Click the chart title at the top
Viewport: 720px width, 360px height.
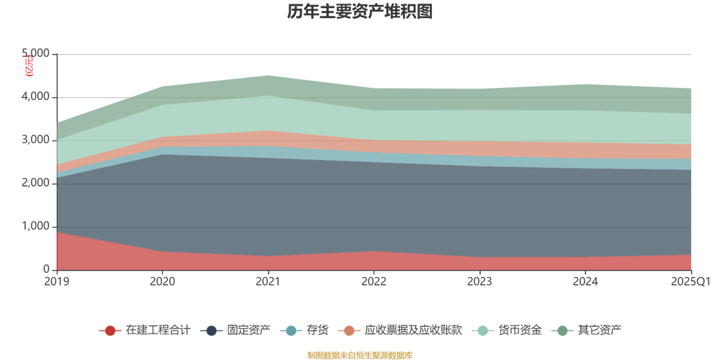coord(359,12)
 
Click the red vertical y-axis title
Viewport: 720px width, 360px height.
coord(28,67)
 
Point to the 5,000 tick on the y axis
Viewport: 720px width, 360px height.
coord(37,53)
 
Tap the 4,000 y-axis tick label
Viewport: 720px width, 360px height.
coord(37,96)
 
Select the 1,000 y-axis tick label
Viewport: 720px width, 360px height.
coord(37,226)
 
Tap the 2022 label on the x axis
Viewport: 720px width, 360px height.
coord(374,280)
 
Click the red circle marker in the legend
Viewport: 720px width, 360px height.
coord(110,330)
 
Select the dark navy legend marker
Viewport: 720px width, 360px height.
coord(212,330)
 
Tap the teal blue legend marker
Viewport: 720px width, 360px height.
coord(291,330)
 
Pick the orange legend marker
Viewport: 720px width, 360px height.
coord(350,330)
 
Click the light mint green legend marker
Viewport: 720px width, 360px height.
coord(482,330)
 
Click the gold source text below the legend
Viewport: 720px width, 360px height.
coord(359,354)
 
